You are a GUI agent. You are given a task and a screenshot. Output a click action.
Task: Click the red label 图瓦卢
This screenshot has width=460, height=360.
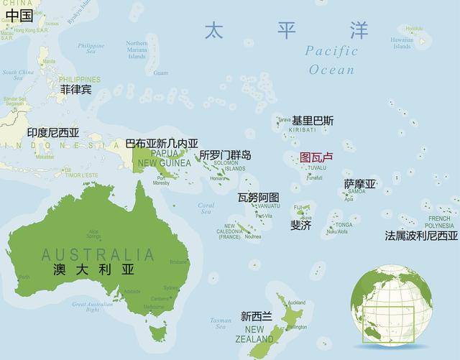click(x=316, y=157)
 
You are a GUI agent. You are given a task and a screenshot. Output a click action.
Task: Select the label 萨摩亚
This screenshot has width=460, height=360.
click(x=360, y=184)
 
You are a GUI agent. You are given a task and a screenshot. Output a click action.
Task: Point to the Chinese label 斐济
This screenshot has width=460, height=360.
click(x=300, y=225)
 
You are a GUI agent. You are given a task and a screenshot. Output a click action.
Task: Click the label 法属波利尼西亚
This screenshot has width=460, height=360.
click(x=421, y=235)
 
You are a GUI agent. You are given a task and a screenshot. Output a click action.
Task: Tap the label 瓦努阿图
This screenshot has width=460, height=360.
click(x=258, y=197)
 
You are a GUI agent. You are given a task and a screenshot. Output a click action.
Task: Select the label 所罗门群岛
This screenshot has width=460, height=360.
click(x=225, y=154)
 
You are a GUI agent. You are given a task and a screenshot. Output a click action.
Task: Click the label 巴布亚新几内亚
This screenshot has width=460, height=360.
click(x=162, y=144)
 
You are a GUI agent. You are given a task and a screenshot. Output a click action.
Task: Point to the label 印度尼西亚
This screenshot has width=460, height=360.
click(x=53, y=133)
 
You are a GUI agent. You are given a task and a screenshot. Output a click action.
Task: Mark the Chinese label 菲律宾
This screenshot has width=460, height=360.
click(x=75, y=89)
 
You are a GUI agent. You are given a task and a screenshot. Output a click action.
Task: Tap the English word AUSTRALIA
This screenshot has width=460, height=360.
click(x=98, y=254)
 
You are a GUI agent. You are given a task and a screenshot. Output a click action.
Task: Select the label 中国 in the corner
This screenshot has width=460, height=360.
click(x=18, y=14)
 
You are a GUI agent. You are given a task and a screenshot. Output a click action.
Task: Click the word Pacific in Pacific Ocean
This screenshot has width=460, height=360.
click(x=331, y=51)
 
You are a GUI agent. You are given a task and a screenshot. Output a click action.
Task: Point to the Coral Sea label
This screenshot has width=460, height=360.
click(x=206, y=208)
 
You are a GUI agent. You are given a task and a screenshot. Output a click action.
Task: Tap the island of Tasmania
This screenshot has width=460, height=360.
click(x=155, y=332)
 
